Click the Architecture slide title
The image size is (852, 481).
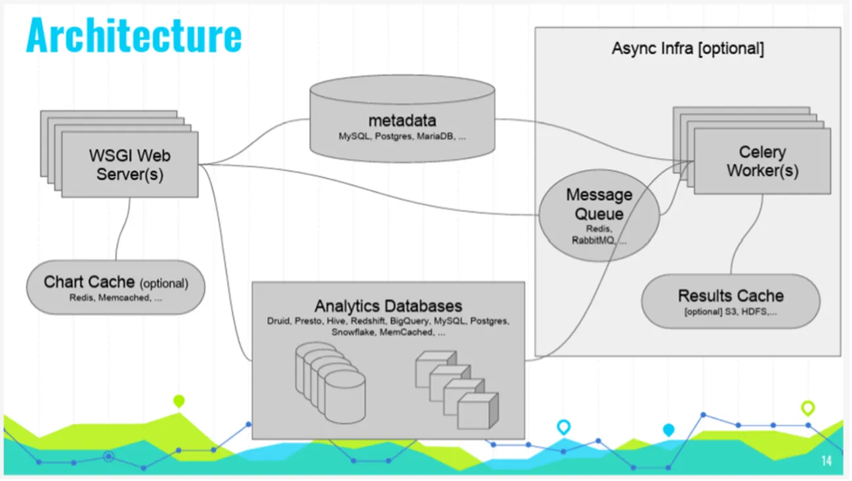(x=134, y=36)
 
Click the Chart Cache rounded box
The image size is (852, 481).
(x=116, y=288)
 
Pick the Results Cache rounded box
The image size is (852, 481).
(x=731, y=301)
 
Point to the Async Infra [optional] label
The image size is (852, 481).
(x=688, y=49)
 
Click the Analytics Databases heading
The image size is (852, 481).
(x=388, y=306)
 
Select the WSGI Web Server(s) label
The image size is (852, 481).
(x=130, y=165)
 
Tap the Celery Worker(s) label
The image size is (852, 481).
(x=762, y=161)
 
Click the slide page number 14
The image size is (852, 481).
(x=826, y=461)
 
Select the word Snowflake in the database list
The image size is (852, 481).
(x=354, y=332)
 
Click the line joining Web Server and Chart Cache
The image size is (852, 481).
(x=121, y=230)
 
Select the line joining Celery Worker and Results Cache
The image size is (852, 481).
(x=748, y=236)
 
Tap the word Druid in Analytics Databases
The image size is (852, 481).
(x=278, y=322)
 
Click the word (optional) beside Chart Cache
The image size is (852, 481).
(x=163, y=284)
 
